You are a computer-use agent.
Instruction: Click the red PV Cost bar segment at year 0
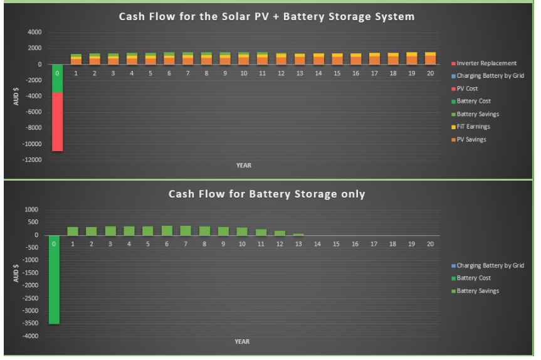(57, 122)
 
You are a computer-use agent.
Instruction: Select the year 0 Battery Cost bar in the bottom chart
(54, 280)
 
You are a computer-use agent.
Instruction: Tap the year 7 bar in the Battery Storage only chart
(186, 231)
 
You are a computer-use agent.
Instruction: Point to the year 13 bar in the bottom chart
(298, 235)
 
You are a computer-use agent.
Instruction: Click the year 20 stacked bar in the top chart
(430, 58)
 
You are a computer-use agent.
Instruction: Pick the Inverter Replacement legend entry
(484, 63)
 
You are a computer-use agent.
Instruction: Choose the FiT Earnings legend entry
(471, 127)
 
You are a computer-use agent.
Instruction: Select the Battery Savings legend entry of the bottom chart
(475, 291)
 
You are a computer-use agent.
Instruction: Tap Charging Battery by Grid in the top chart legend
(488, 76)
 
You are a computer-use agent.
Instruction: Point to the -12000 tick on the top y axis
(32, 160)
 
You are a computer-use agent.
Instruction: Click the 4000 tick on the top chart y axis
(34, 32)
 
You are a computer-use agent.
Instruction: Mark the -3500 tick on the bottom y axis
(30, 324)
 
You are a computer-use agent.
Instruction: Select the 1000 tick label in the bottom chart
(31, 209)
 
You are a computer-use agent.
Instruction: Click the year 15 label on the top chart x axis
(337, 73)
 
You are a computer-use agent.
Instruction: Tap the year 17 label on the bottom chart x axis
(374, 244)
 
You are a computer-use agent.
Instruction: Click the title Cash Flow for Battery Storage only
(266, 194)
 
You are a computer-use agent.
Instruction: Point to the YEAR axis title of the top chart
(244, 166)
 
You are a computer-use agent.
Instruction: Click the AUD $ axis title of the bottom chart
(16, 273)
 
